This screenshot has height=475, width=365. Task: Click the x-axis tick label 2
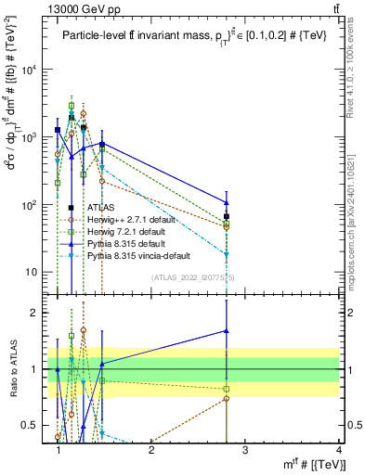(x=151, y=448)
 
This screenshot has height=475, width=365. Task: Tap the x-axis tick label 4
(x=339, y=448)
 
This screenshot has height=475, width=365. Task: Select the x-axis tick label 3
(x=245, y=448)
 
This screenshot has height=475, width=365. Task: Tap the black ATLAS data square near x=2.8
(x=227, y=216)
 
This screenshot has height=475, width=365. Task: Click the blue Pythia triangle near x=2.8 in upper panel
(x=227, y=202)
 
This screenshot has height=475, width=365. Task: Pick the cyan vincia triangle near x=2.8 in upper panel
(x=227, y=254)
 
